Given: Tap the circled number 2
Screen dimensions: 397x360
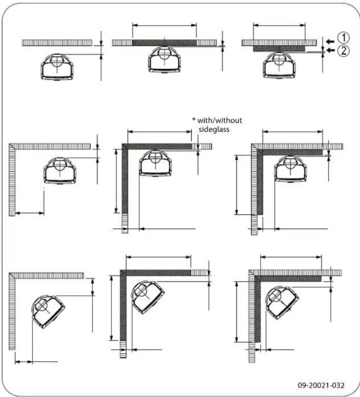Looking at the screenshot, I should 342,51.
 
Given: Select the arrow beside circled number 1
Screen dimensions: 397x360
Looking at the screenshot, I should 329,41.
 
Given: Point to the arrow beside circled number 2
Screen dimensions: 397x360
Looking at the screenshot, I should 329,51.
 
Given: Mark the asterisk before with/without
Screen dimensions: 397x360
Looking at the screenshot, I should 194,120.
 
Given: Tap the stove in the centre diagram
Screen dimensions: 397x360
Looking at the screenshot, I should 155,162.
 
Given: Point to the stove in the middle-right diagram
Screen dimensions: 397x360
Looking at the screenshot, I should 291,168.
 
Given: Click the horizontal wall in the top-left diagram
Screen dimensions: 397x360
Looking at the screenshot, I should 57,42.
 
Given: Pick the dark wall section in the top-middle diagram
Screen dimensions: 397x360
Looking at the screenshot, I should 164,42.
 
